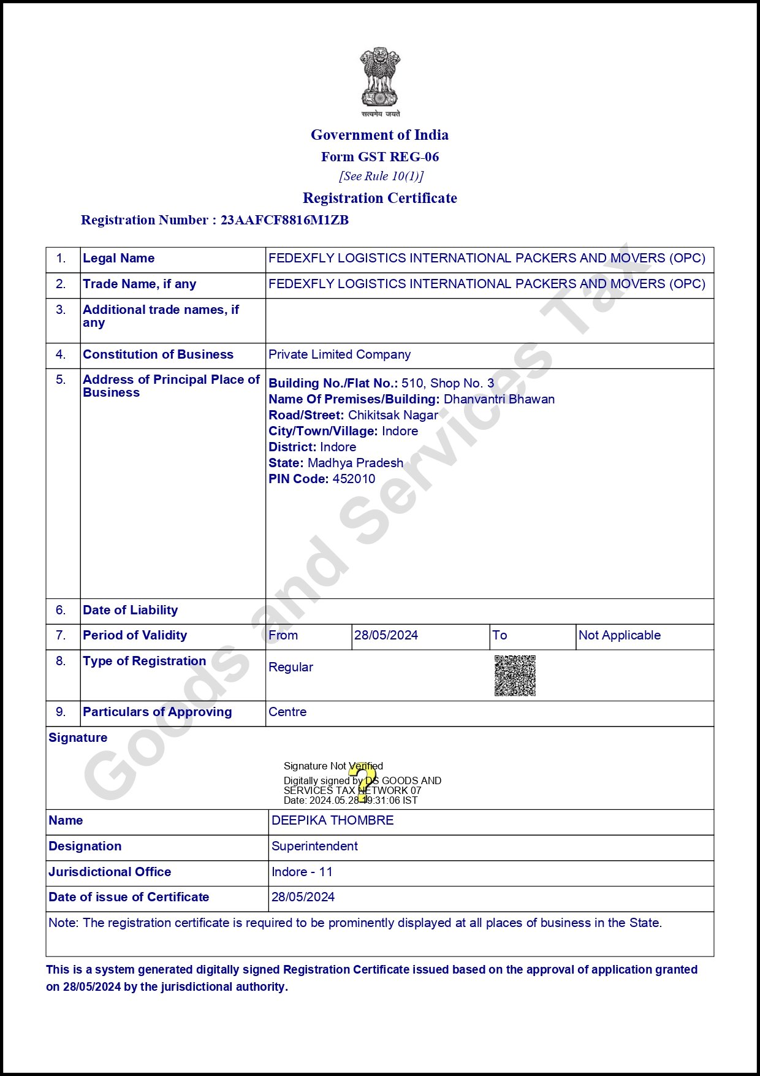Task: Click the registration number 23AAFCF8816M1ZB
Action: coord(284,220)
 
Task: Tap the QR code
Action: coord(515,676)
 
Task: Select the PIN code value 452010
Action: coord(354,479)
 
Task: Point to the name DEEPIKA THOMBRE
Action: coord(332,820)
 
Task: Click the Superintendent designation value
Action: coord(314,846)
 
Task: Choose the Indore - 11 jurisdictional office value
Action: coord(302,872)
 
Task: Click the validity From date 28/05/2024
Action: coord(386,635)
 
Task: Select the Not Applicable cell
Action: coord(619,635)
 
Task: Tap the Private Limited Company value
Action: coord(340,354)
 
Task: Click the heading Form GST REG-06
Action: coord(380,157)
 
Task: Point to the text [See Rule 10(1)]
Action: coord(381,177)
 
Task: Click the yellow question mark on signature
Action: coord(363,782)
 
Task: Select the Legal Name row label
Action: coord(119,258)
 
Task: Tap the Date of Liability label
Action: coord(131,610)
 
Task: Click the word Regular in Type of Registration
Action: coord(291,667)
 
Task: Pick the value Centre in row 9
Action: coord(287,712)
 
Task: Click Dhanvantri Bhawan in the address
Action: coord(499,399)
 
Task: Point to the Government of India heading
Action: coord(379,135)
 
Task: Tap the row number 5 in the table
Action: coord(61,380)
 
